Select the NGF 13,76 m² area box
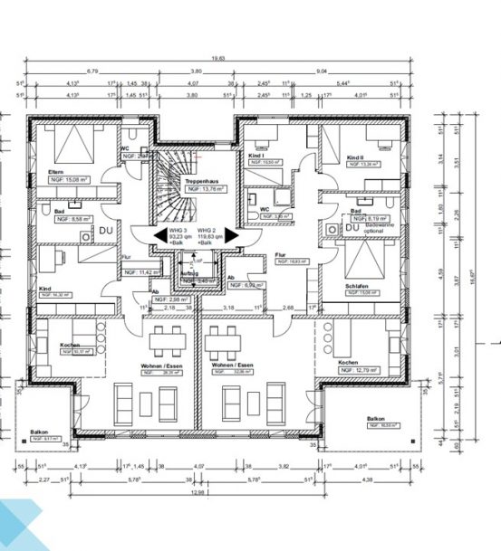click(x=205, y=190)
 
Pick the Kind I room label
click(x=255, y=156)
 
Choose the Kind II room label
click(x=355, y=157)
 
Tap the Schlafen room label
click(x=357, y=285)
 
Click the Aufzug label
click(x=189, y=272)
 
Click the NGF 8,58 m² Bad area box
click(x=72, y=220)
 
